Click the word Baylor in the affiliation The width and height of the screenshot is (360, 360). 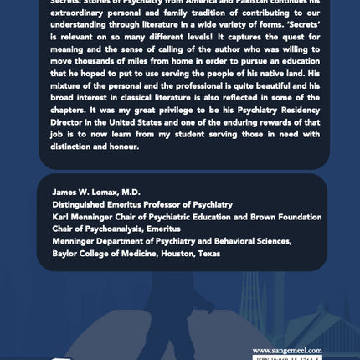[x=67, y=253]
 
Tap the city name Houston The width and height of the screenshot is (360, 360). [x=176, y=253]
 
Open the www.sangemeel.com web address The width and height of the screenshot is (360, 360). [x=287, y=350]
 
